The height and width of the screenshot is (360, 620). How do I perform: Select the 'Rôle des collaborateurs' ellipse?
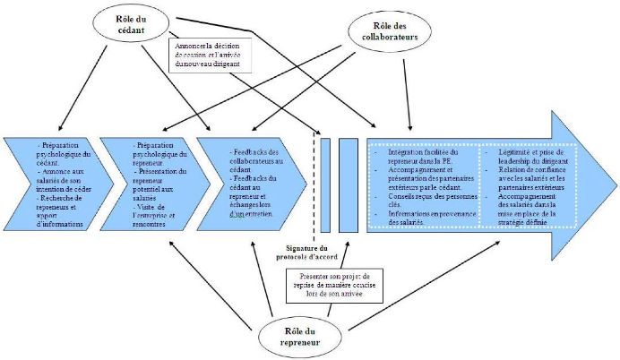387,31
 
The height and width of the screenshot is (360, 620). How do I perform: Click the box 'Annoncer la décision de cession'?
212,53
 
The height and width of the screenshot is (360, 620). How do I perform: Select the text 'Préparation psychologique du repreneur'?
153,151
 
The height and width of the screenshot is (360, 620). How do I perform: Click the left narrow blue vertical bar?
325,184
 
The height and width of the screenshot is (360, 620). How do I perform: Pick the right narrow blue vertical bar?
349,184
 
